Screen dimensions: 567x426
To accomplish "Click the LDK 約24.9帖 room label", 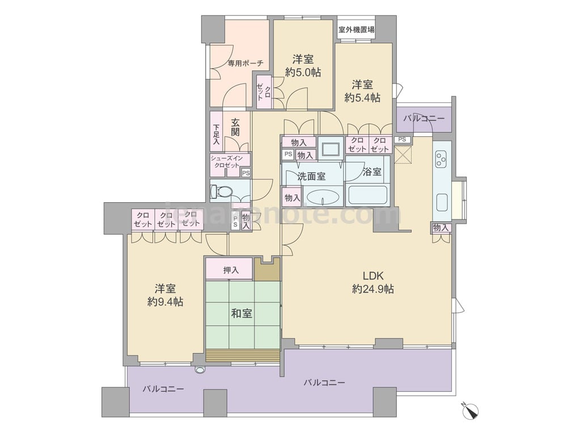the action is [x=373, y=282].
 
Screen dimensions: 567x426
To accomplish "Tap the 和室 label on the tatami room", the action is [x=242, y=314].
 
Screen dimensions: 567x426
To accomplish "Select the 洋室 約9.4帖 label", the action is [x=165, y=295].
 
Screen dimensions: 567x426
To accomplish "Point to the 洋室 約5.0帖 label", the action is [x=303, y=65].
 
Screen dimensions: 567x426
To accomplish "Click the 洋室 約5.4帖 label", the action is [x=362, y=91].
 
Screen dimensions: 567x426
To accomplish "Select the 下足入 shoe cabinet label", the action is [x=216, y=135].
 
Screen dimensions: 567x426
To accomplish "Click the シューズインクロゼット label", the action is [x=227, y=161].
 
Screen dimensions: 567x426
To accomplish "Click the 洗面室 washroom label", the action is [x=311, y=177].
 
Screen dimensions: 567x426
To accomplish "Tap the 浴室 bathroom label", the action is [x=372, y=172].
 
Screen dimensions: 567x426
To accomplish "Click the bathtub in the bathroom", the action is [x=367, y=195].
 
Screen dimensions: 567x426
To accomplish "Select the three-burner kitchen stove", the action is [x=441, y=160].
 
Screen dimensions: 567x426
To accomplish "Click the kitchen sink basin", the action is [x=442, y=202].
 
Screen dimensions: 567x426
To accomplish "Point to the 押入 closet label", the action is [x=231, y=270].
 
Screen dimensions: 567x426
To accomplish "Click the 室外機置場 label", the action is [x=356, y=30].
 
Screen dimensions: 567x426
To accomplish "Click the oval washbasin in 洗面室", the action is [x=323, y=198].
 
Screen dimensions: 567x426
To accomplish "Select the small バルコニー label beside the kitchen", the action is [x=424, y=119].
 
